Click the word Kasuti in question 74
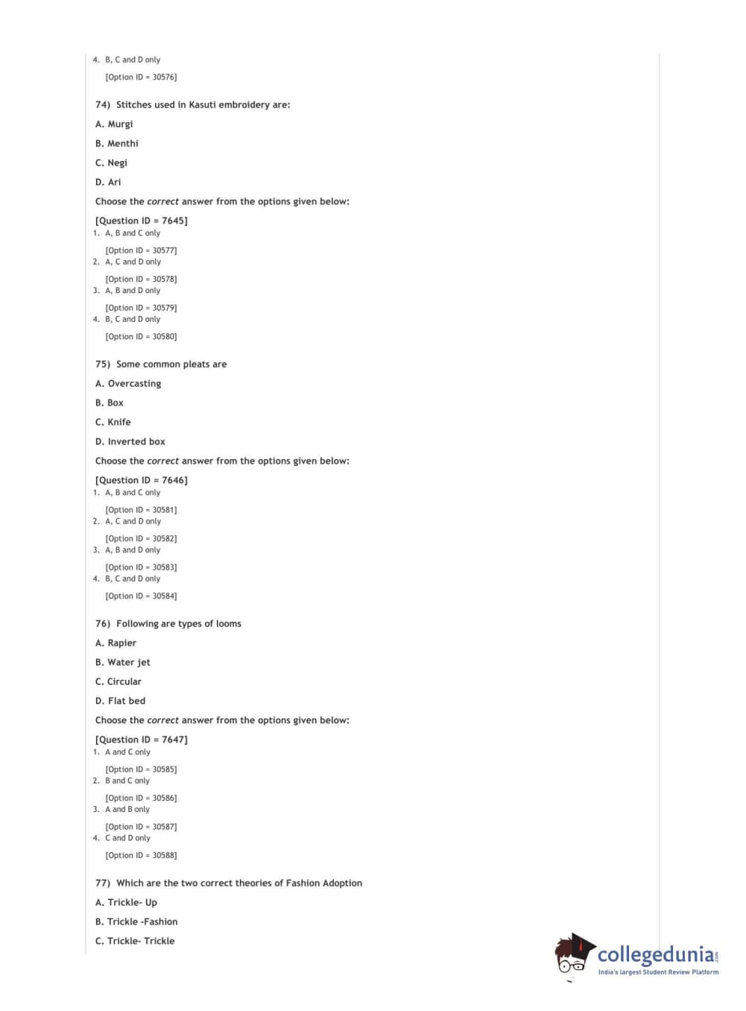tap(202, 105)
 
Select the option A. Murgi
tap(114, 125)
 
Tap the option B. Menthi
tap(117, 144)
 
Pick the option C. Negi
tap(111, 163)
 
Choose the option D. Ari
tap(108, 183)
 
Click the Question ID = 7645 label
tap(142, 221)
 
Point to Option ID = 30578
tap(141, 280)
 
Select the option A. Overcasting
tap(128, 384)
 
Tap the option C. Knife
tap(113, 423)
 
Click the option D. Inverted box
tap(130, 442)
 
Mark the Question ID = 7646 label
tap(142, 480)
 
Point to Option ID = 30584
tap(141, 596)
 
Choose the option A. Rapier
tap(116, 643)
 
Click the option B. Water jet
tap(123, 663)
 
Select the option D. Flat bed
tap(121, 702)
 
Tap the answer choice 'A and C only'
tap(127, 752)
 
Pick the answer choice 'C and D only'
tap(127, 839)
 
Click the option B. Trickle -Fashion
tap(136, 922)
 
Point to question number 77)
tap(103, 884)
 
